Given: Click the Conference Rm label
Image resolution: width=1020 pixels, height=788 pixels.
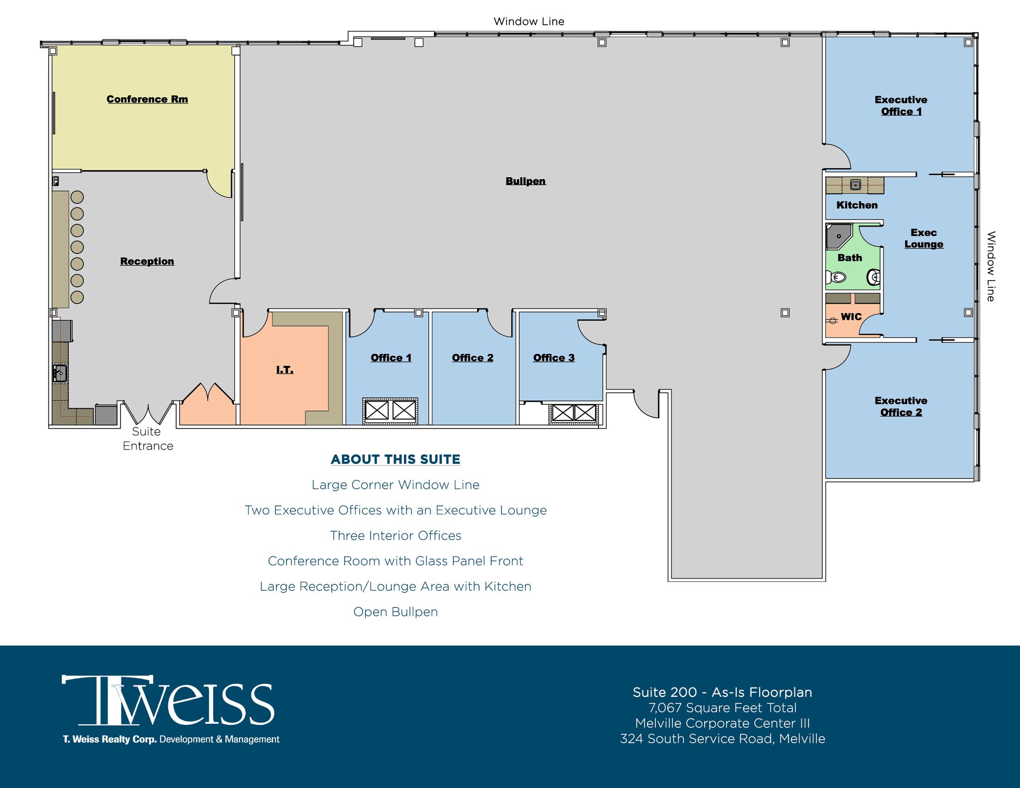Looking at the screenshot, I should point(147,99).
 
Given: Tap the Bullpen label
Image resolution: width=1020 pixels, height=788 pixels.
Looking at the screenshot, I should point(525,181).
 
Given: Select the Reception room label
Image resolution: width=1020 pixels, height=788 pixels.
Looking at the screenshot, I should point(147,261).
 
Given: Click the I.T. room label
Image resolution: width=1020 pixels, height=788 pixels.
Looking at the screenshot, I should point(284,370).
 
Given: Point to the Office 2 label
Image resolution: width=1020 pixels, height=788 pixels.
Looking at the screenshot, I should point(472,358).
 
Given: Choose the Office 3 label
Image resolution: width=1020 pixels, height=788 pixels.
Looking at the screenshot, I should point(553,358).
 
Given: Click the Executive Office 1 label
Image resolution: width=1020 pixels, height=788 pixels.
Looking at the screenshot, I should point(900,106).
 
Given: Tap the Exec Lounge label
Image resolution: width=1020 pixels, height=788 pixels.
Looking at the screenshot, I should point(923,238).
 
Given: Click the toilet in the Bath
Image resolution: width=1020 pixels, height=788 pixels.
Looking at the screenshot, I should point(836,277).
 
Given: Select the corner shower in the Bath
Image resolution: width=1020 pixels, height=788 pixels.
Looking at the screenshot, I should point(838,236).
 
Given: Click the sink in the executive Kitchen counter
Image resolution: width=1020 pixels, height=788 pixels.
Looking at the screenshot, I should point(855,185).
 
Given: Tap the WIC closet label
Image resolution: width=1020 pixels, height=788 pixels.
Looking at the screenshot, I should point(851,317).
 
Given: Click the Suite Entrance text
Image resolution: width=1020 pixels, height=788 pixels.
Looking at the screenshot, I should point(147,439).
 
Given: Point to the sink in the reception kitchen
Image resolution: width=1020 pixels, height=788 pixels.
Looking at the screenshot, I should point(60,373).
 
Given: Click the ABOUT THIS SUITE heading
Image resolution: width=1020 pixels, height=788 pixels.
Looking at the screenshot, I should point(395,459).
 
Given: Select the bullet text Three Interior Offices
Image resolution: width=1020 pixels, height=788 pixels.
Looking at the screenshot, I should point(395,536).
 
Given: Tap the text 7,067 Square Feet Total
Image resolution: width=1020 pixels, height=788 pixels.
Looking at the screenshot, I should point(722,708).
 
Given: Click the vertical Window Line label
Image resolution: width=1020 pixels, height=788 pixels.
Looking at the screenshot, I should point(991,266).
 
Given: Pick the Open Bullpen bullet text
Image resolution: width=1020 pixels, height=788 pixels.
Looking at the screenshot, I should point(395,612).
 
